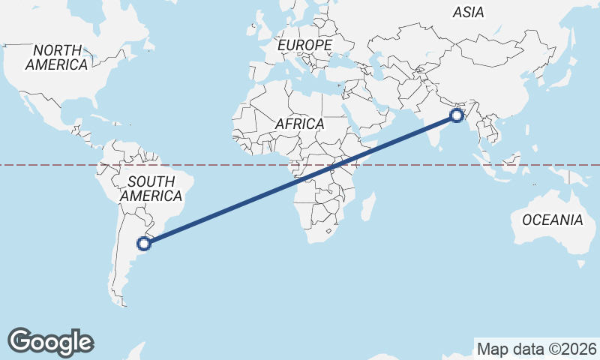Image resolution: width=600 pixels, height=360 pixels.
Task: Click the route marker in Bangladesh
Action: click(456, 115)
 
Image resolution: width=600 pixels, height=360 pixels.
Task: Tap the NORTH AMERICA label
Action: click(56, 58)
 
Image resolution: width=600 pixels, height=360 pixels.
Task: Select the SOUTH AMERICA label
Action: click(151, 189)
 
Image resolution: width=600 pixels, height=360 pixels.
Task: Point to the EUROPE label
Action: click(304, 46)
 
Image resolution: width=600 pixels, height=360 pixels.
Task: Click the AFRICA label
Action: click(299, 124)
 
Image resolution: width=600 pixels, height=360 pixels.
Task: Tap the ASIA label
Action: click(468, 12)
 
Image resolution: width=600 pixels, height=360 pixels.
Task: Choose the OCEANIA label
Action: click(553, 220)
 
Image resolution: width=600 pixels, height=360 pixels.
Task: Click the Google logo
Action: click(51, 341)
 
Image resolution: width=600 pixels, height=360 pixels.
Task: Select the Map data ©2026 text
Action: click(537, 349)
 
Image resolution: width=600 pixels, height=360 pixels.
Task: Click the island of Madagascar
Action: click(367, 206)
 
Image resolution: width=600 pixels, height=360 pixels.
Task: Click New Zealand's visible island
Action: click(581, 263)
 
